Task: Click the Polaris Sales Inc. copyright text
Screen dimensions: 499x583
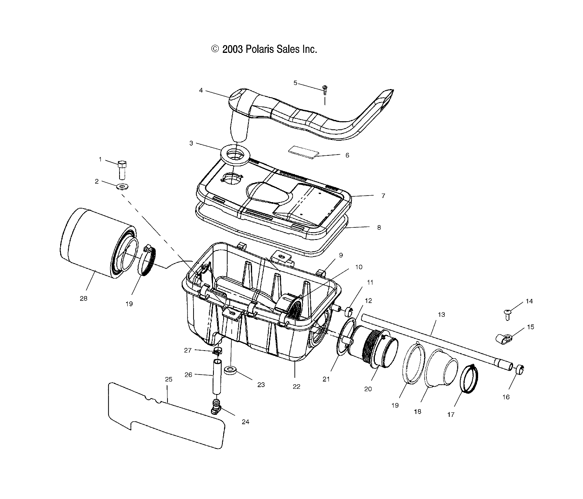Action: coord(263,49)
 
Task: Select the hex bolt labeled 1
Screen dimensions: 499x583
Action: coord(122,170)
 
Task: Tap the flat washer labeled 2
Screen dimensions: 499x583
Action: coord(121,187)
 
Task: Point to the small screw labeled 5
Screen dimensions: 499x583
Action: coord(325,90)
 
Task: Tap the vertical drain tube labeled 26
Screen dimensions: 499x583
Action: coord(218,376)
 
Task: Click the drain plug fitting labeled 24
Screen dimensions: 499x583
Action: coord(216,406)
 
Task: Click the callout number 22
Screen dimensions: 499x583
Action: coord(296,387)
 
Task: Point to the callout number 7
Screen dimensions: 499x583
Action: coord(383,196)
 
